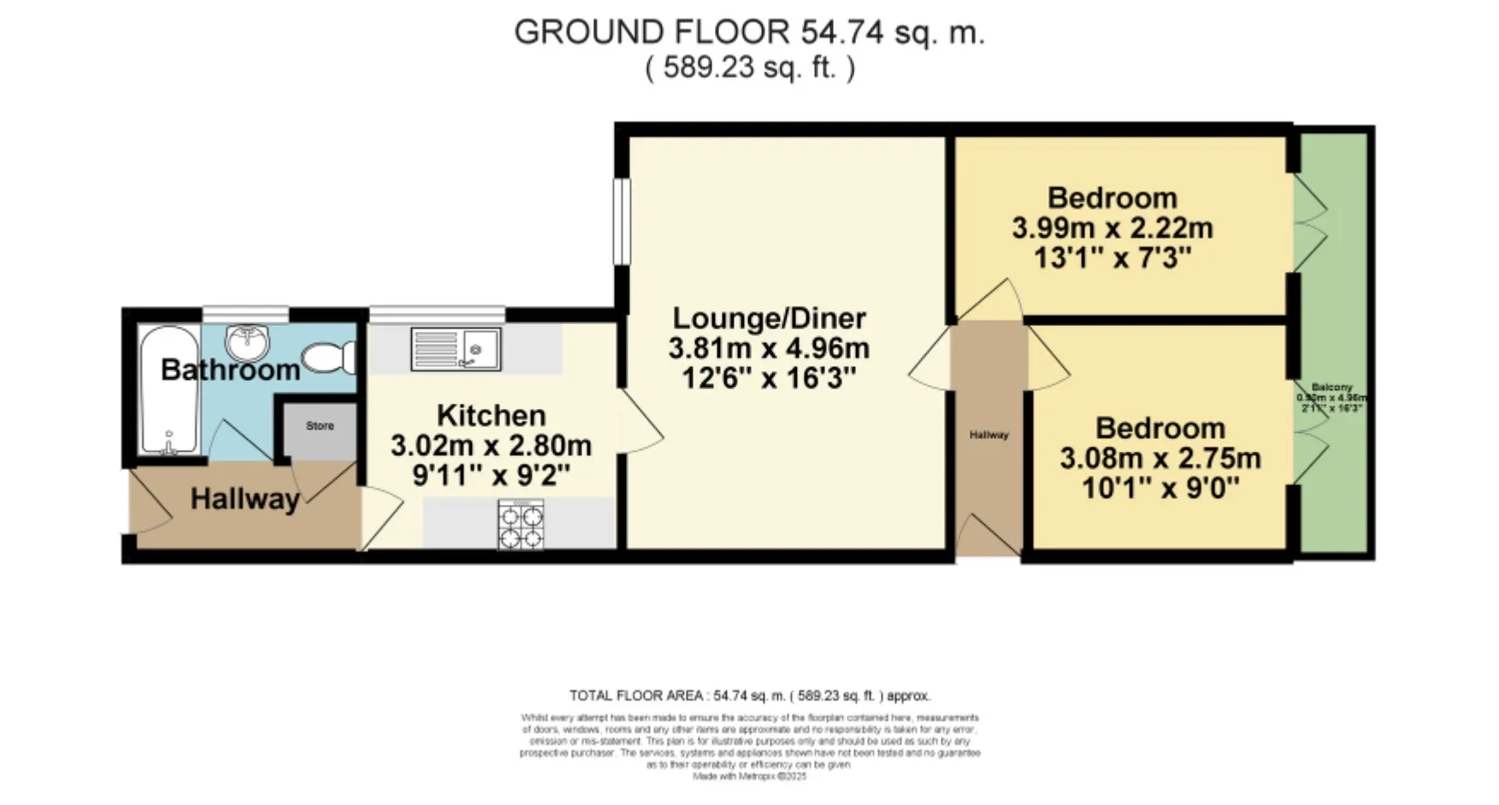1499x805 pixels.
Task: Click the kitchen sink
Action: click(456, 349)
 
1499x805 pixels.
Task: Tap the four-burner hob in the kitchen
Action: click(521, 524)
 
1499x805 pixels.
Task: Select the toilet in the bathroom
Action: click(329, 358)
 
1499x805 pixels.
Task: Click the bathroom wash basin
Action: click(248, 343)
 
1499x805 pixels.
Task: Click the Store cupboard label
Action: click(320, 426)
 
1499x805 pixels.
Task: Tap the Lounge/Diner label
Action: click(769, 318)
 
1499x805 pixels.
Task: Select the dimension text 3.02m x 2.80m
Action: click(491, 446)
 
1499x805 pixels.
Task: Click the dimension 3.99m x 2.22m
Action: click(1112, 228)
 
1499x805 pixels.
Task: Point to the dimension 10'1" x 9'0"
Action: click(1160, 488)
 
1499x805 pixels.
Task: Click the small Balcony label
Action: click(1331, 388)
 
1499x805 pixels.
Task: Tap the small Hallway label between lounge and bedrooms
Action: click(989, 435)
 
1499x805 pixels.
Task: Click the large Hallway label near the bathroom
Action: click(245, 499)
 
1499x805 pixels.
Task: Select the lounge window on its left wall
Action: click(622, 222)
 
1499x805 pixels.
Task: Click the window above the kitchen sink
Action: click(437, 314)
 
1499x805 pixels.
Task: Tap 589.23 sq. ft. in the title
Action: click(749, 68)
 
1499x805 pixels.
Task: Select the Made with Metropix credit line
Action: click(749, 776)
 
